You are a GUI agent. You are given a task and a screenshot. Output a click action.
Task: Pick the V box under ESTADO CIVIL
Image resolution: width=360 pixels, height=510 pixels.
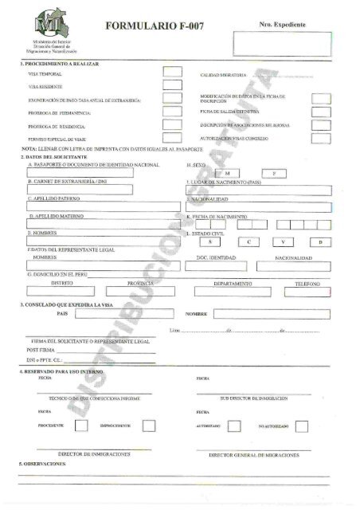284,241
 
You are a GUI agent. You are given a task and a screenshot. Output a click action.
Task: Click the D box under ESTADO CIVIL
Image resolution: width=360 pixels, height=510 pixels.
320,241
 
